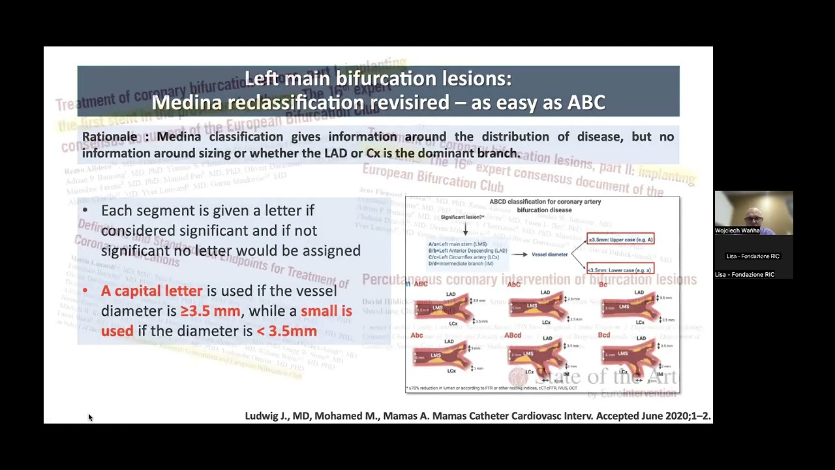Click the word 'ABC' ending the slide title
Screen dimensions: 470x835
tap(586, 102)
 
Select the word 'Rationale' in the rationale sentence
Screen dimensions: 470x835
tap(109, 137)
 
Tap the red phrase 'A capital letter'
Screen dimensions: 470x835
tap(151, 291)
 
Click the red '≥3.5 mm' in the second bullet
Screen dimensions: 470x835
tap(210, 311)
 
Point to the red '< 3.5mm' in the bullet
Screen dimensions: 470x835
tap(286, 331)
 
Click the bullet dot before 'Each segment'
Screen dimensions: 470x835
tap(85, 211)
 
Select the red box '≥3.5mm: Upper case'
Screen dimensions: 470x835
tap(620, 240)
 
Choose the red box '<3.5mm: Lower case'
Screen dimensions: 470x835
tap(620, 270)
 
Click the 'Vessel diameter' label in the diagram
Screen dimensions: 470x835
tap(549, 255)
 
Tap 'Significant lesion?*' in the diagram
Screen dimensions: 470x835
tap(463, 217)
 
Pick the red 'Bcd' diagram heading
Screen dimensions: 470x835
tap(604, 335)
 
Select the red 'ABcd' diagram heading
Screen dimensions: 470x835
tap(513, 336)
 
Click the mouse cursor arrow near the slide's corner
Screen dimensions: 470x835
tap(89, 417)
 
